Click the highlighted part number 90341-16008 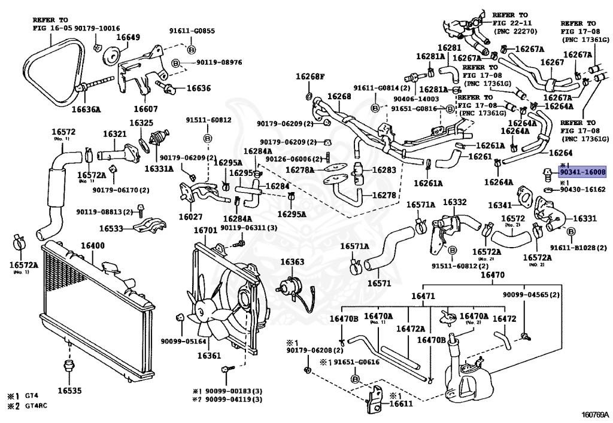coord(582,172)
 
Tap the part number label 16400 coord(93,245)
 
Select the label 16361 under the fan coord(210,356)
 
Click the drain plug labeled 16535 coord(69,391)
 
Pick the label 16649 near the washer coord(128,37)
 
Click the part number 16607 coord(145,109)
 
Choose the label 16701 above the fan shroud coord(205,230)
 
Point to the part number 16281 coord(449,48)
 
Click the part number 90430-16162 coord(582,189)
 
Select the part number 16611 coord(401,404)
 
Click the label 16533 coord(111,229)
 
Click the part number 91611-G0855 coord(191,31)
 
